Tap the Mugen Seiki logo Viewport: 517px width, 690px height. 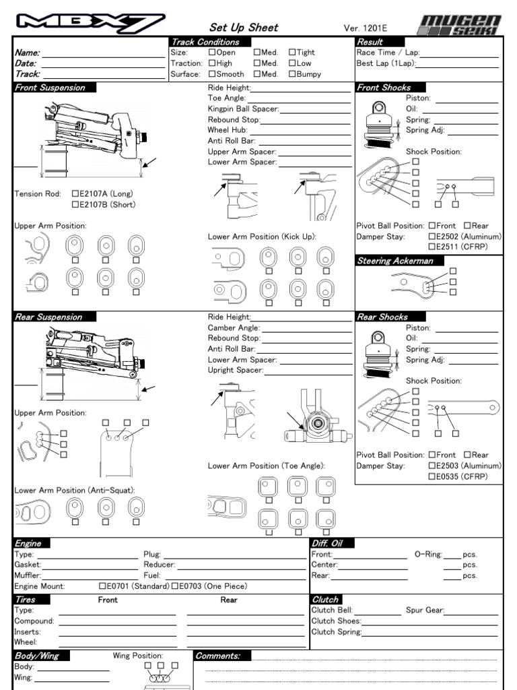[459, 24]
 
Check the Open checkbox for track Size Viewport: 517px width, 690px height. [212, 52]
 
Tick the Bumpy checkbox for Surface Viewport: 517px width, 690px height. [292, 74]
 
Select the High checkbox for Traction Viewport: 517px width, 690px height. [212, 63]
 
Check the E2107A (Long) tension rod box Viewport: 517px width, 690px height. [75, 194]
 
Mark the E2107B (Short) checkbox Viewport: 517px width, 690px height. [75, 205]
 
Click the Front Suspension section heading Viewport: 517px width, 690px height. [50, 88]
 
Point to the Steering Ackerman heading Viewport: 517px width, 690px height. [394, 261]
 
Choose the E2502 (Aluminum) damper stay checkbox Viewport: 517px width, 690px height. [432, 237]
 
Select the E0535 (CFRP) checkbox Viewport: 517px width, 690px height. [432, 476]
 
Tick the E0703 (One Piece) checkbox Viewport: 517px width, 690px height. [175, 586]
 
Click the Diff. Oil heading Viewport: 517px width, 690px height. [331, 543]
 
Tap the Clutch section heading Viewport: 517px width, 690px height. [325, 599]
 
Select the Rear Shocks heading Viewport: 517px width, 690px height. [382, 317]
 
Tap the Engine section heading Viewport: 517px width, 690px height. [28, 543]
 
